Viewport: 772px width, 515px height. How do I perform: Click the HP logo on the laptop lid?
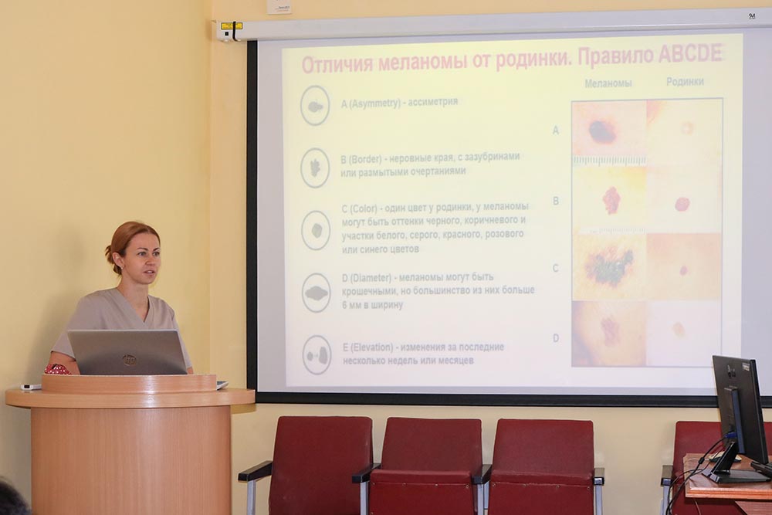coord(130,359)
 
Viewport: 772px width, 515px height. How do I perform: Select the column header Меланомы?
coord(608,83)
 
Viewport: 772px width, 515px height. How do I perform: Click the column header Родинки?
coord(685,81)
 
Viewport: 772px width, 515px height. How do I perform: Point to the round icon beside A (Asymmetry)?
coord(315,105)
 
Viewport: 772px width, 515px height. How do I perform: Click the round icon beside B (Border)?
coord(315,168)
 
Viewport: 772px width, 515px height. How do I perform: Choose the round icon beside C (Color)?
coord(316,230)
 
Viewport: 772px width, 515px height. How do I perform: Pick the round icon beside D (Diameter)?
coord(316,293)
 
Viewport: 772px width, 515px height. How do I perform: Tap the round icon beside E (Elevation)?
coord(317,354)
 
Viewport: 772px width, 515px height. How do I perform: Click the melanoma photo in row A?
coord(609,129)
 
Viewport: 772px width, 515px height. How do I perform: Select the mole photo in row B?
coord(684,200)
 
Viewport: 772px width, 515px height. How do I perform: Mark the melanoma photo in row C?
coord(609,267)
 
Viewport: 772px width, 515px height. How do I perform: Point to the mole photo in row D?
coord(684,334)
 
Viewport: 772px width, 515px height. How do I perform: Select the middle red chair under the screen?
coord(428,466)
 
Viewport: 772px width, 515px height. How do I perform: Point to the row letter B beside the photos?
coord(556,201)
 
